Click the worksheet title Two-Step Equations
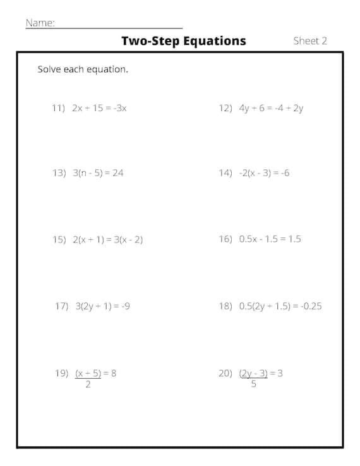[x=183, y=41]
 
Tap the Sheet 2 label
[x=310, y=41]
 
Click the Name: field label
[x=40, y=23]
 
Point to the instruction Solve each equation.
[x=83, y=69]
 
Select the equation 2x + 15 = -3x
[x=99, y=108]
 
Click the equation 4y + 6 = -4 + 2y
[x=271, y=108]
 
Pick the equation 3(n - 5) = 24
[x=98, y=173]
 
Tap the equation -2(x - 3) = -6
[x=264, y=173]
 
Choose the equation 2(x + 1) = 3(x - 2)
[x=107, y=240]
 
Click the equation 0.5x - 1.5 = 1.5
[x=270, y=239]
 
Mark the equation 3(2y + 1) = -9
[x=102, y=306]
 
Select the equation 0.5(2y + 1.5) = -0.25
[x=280, y=306]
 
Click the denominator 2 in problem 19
[x=88, y=385]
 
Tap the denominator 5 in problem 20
[x=254, y=385]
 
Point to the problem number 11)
[x=59, y=108]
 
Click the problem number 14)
[x=225, y=173]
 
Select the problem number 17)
[x=61, y=306]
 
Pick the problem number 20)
[x=225, y=373]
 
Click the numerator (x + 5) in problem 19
[x=88, y=373]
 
